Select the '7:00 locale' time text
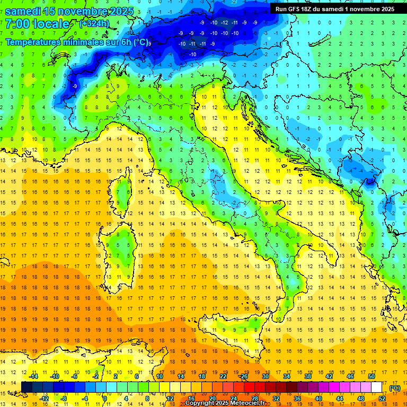click(x=37, y=24)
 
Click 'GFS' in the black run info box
click(x=296, y=9)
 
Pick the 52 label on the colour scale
click(x=382, y=399)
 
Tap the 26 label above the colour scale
click(x=244, y=376)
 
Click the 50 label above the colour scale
click(x=371, y=376)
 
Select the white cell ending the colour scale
click(x=376, y=387)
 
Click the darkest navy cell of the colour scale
click(x=26, y=387)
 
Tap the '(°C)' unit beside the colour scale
click(x=394, y=388)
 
